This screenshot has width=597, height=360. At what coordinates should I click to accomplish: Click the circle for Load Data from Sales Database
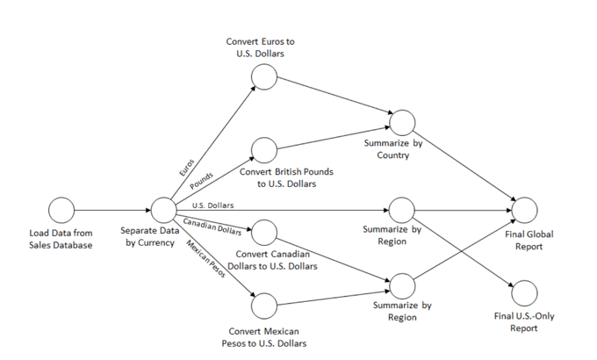(x=61, y=210)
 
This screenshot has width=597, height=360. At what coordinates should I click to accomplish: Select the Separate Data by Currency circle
(x=163, y=210)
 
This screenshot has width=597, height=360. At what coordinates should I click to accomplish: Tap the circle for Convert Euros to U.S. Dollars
(x=263, y=77)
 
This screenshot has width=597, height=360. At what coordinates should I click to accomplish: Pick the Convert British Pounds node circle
(x=263, y=150)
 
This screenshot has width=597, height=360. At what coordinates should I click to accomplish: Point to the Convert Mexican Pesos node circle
(x=263, y=306)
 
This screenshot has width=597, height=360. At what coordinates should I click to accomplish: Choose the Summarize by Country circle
(x=402, y=123)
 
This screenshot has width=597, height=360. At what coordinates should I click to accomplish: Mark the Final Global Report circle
(x=524, y=210)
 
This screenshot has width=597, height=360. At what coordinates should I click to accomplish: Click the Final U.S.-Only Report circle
(x=524, y=292)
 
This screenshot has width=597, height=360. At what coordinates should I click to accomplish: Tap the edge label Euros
(x=187, y=168)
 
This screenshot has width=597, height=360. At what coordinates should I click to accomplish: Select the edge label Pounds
(x=202, y=180)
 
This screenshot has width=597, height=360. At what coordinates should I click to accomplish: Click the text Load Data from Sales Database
(x=60, y=239)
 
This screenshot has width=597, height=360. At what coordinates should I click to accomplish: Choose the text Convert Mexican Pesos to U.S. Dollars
(x=264, y=336)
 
